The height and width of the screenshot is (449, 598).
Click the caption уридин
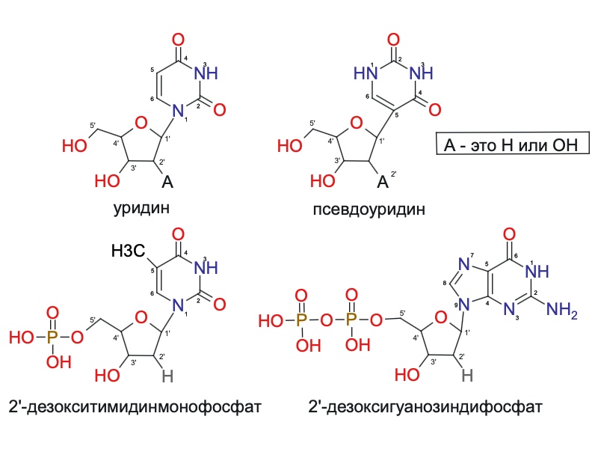(x=141, y=210)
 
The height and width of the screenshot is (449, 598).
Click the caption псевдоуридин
(x=369, y=210)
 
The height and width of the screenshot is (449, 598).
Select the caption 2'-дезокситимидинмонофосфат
(x=135, y=407)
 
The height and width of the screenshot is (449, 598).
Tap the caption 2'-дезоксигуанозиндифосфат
(x=425, y=407)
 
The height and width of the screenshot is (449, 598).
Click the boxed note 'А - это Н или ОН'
(x=513, y=144)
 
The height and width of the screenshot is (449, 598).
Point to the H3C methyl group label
(x=128, y=251)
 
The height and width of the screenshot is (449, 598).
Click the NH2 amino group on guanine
(x=562, y=309)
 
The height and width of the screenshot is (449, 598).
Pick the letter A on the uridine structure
(x=167, y=182)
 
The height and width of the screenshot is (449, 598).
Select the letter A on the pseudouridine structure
(x=383, y=182)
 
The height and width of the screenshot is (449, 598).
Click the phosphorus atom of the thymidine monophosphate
(x=52, y=337)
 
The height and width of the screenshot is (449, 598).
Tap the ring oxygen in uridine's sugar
(x=141, y=123)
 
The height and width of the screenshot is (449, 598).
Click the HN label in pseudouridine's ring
(x=366, y=73)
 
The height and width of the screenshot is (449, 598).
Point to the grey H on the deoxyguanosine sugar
(x=466, y=376)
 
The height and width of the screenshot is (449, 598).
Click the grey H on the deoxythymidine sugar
(x=167, y=376)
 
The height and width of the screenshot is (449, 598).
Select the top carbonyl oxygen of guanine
(x=510, y=234)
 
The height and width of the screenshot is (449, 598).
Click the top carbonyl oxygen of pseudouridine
(x=393, y=40)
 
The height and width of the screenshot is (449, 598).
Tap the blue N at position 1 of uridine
(x=178, y=111)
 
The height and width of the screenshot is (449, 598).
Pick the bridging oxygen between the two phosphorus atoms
(x=327, y=320)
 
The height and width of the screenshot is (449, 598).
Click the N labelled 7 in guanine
(x=463, y=264)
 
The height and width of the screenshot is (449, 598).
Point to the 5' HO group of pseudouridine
(x=290, y=145)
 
